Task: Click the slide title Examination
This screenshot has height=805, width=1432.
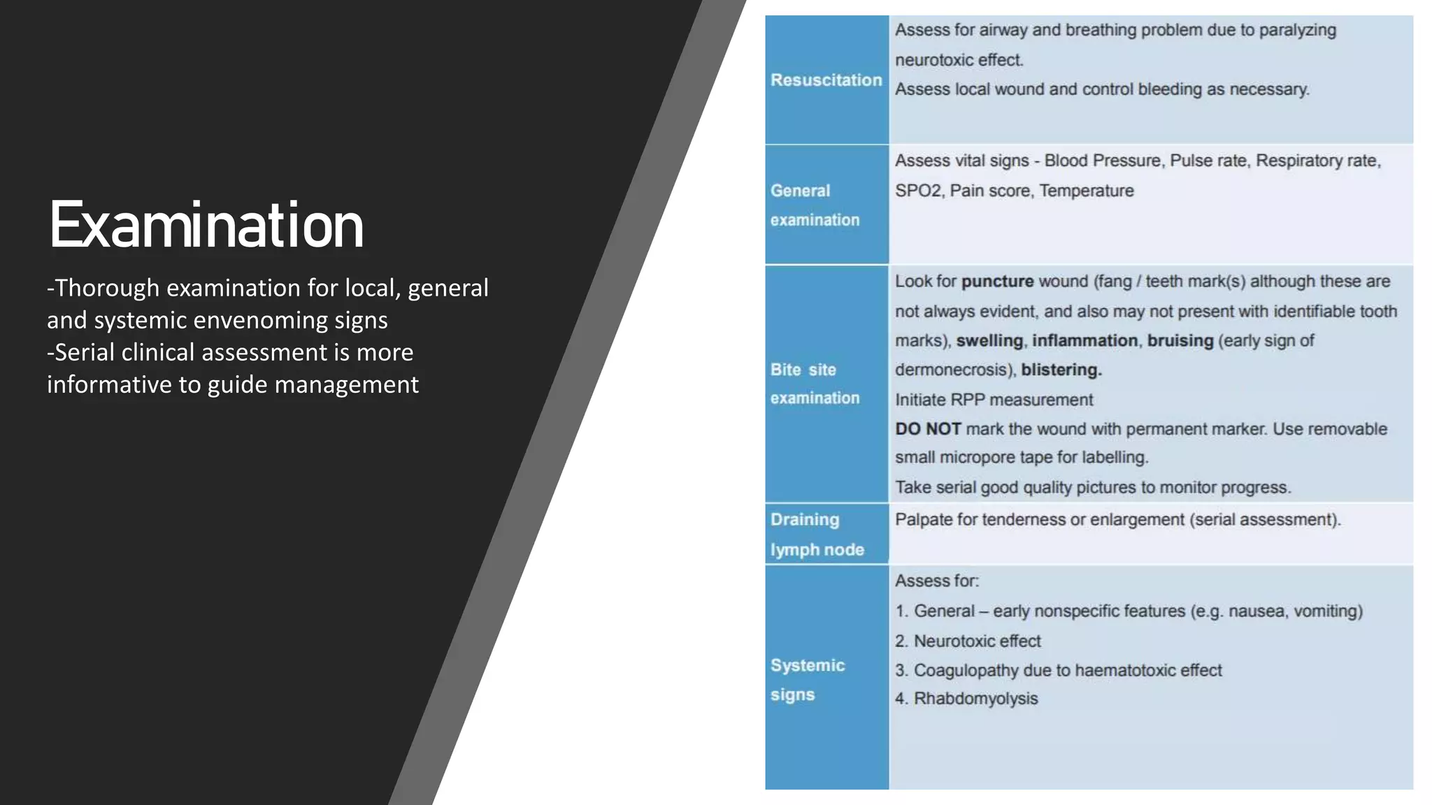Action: [206, 226]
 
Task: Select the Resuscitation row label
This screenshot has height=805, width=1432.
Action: [826, 80]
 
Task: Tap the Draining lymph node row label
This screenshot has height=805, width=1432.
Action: [817, 535]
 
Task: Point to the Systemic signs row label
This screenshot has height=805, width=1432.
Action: [807, 680]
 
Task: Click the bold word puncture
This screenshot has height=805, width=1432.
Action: [997, 282]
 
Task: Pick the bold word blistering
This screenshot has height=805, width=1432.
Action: [1061, 370]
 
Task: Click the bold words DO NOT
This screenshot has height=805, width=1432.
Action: [928, 429]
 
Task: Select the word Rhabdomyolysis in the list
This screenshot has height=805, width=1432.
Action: [975, 699]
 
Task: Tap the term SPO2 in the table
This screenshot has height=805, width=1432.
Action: [918, 191]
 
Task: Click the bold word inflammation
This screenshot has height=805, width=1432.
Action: [1084, 341]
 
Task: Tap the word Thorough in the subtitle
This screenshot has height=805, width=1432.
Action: [107, 288]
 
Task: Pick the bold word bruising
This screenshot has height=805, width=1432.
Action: [1180, 341]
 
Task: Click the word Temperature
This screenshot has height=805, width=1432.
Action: [1086, 191]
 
